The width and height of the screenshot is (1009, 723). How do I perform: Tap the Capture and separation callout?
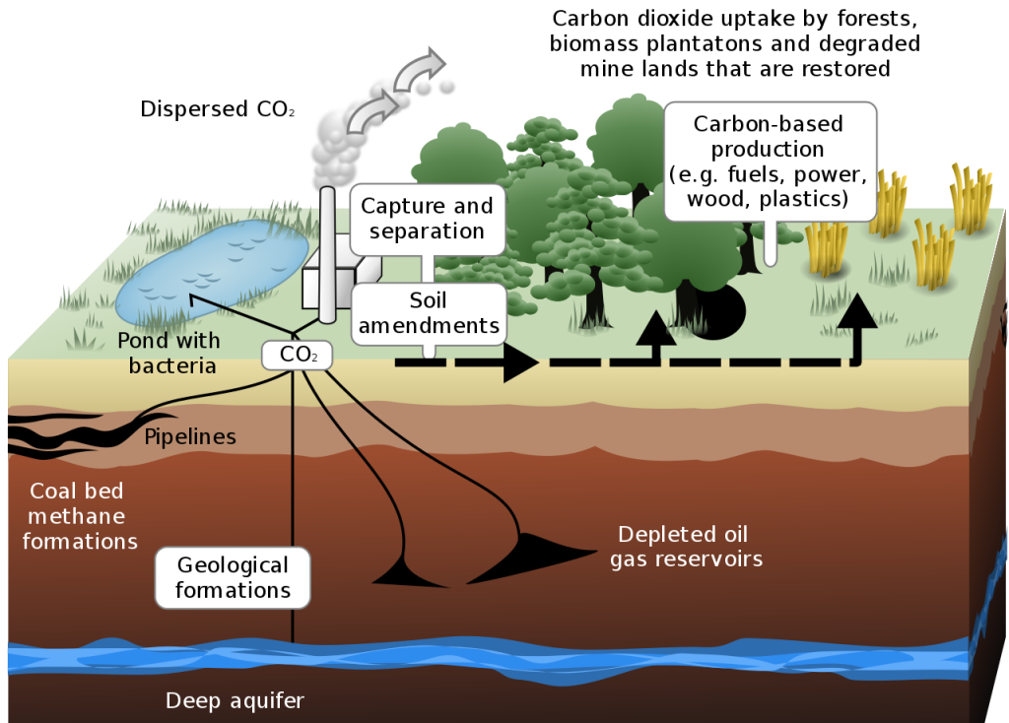point(427,219)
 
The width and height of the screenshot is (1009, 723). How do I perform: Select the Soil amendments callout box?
point(429,312)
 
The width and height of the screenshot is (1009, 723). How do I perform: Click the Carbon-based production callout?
point(770,162)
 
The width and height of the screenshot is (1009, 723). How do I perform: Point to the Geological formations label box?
point(233,577)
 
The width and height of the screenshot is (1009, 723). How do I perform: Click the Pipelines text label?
point(190,436)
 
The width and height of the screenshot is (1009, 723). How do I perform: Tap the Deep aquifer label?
point(235,701)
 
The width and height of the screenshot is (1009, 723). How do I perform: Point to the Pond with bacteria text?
point(168,354)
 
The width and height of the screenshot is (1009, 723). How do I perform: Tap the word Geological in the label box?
point(233,565)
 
